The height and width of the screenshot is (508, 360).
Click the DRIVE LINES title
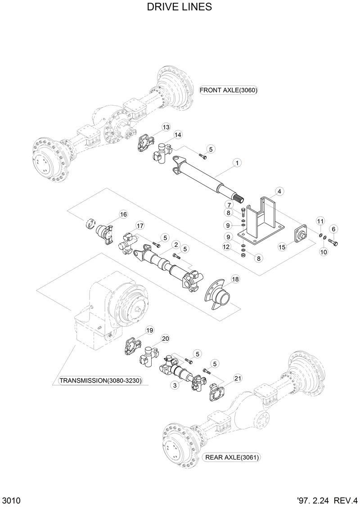click(180, 8)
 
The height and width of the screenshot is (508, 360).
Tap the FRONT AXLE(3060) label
click(228, 90)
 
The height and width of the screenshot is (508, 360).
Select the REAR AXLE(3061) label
click(232, 458)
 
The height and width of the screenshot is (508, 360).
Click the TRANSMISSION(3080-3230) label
click(101, 381)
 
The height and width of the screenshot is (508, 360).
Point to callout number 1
click(236, 162)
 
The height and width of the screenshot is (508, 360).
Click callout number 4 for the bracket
click(279, 192)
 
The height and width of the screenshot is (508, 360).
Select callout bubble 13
click(166, 128)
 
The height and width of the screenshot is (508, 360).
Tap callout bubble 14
click(178, 135)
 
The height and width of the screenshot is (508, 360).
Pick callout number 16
click(122, 214)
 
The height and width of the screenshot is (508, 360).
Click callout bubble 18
click(235, 279)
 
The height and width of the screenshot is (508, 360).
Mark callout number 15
click(282, 247)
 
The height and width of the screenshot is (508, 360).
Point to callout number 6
click(333, 229)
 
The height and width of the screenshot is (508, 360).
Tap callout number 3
click(174, 385)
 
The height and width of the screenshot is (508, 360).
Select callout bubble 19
click(150, 330)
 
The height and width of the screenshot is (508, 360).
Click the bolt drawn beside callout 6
click(333, 243)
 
